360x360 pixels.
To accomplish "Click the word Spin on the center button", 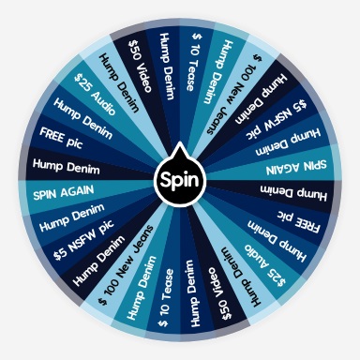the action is (180, 179).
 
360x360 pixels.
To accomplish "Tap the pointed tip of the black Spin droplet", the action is (180, 147).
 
